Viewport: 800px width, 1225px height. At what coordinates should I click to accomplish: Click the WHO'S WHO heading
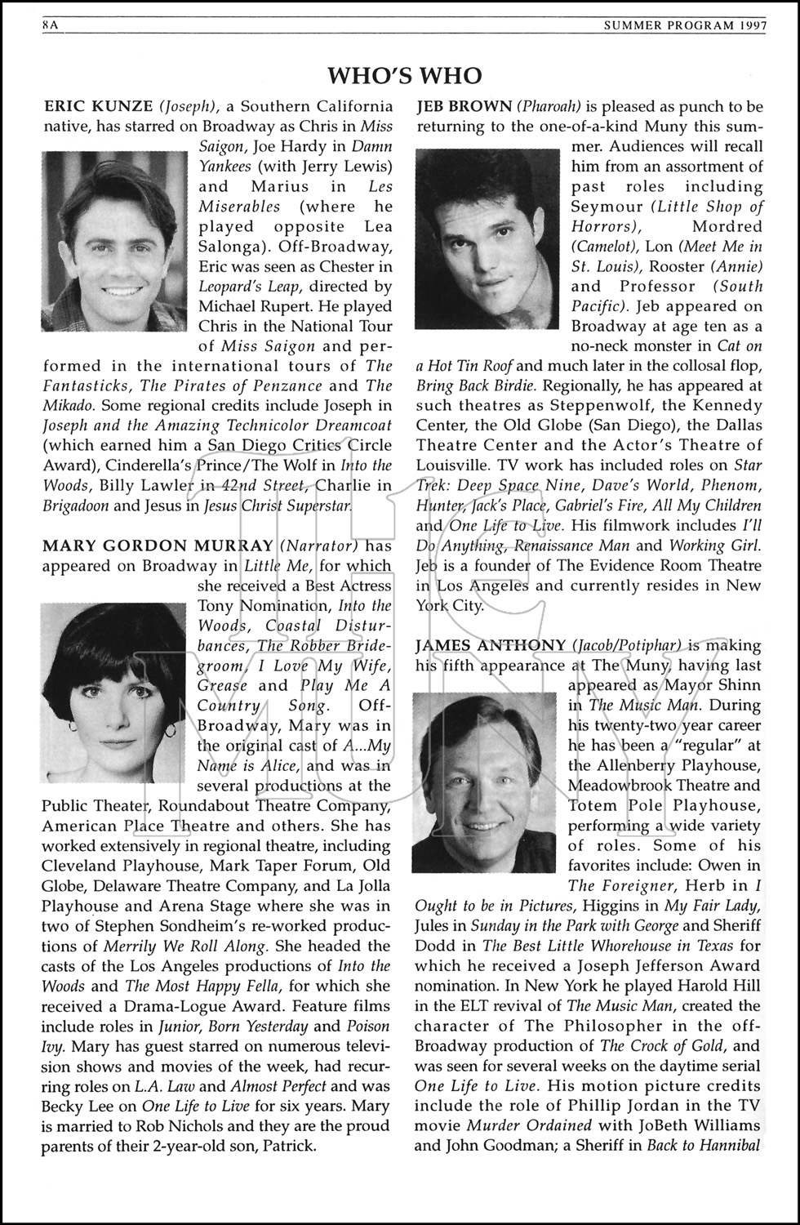click(404, 76)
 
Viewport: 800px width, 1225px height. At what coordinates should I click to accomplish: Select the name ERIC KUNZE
click(97, 106)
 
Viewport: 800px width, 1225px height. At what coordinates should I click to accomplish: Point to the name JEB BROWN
click(464, 106)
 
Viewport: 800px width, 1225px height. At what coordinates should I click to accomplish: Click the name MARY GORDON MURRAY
click(158, 546)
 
